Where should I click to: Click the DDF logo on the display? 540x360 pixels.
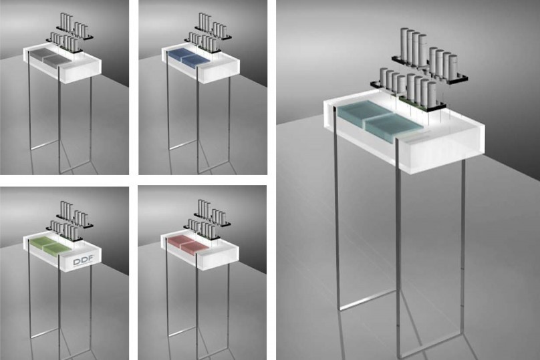83,261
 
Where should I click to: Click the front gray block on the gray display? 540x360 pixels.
57,60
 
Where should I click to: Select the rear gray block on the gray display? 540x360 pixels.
39,53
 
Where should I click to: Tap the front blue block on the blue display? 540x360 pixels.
195,60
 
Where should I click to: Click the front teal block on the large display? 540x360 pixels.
393,128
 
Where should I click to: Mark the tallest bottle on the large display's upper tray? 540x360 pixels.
404,47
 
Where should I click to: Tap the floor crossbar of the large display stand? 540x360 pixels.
368,300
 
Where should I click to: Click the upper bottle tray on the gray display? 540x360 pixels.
76,33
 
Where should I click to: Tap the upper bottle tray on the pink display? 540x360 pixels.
212,220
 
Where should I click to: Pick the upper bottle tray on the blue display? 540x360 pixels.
213,33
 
